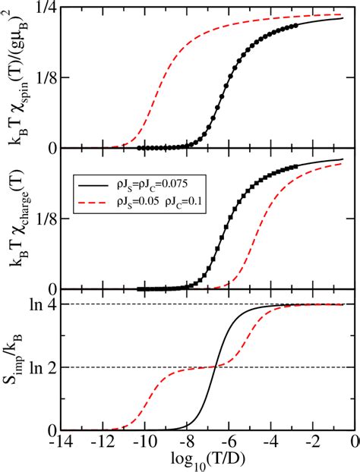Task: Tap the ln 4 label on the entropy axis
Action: click(x=49, y=304)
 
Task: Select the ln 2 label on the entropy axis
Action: click(x=49, y=367)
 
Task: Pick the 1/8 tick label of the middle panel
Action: click(x=51, y=219)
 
